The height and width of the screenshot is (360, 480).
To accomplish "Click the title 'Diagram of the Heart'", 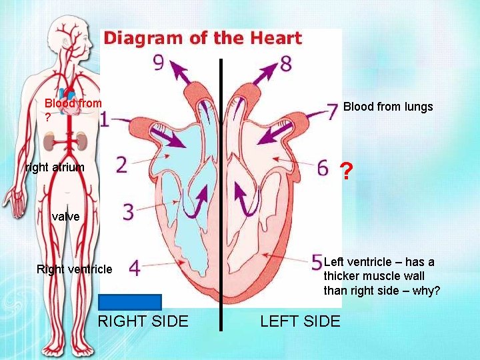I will tap(203, 38).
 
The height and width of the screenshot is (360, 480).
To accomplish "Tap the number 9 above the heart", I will tap(158, 63).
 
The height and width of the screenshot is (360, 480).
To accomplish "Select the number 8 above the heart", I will tap(285, 64).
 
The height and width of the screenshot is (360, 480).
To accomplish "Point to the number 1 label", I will tap(104, 120).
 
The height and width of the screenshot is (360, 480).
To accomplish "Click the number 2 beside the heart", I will tap(121, 165).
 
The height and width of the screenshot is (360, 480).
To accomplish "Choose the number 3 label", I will tap(128, 212).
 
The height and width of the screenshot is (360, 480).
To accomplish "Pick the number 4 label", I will tap(134, 268).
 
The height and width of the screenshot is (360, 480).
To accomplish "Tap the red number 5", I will tap(317, 261).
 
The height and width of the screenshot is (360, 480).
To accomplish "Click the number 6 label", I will tap(323, 165).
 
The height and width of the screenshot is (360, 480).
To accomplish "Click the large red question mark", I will tap(345, 172).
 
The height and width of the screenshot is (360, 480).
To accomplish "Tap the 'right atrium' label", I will tap(55, 167).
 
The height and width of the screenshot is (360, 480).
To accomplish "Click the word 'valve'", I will tap(65, 217).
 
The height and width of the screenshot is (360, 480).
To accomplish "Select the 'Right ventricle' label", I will tap(75, 269).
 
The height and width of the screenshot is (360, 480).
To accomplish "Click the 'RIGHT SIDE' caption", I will tap(143, 321).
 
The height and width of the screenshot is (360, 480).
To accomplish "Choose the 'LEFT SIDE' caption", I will tap(300, 321).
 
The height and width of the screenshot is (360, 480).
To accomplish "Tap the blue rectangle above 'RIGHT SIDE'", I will tap(130, 302).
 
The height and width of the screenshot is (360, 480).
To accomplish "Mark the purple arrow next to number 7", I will tap(279, 133).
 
